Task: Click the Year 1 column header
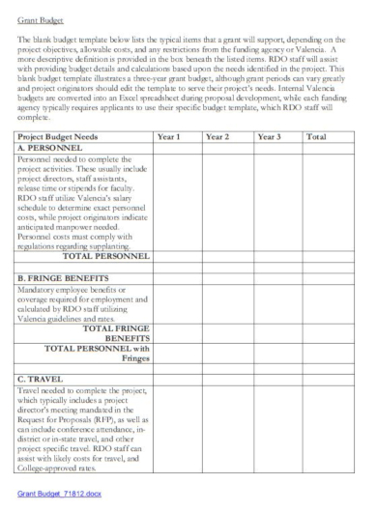[x=169, y=138]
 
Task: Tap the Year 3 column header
[x=270, y=138]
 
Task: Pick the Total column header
[x=317, y=138]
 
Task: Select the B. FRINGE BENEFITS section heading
[x=64, y=277]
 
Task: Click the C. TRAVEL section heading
[x=43, y=379]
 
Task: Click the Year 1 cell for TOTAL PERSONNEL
[x=177, y=256]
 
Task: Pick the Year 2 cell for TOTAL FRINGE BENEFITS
[x=227, y=333]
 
